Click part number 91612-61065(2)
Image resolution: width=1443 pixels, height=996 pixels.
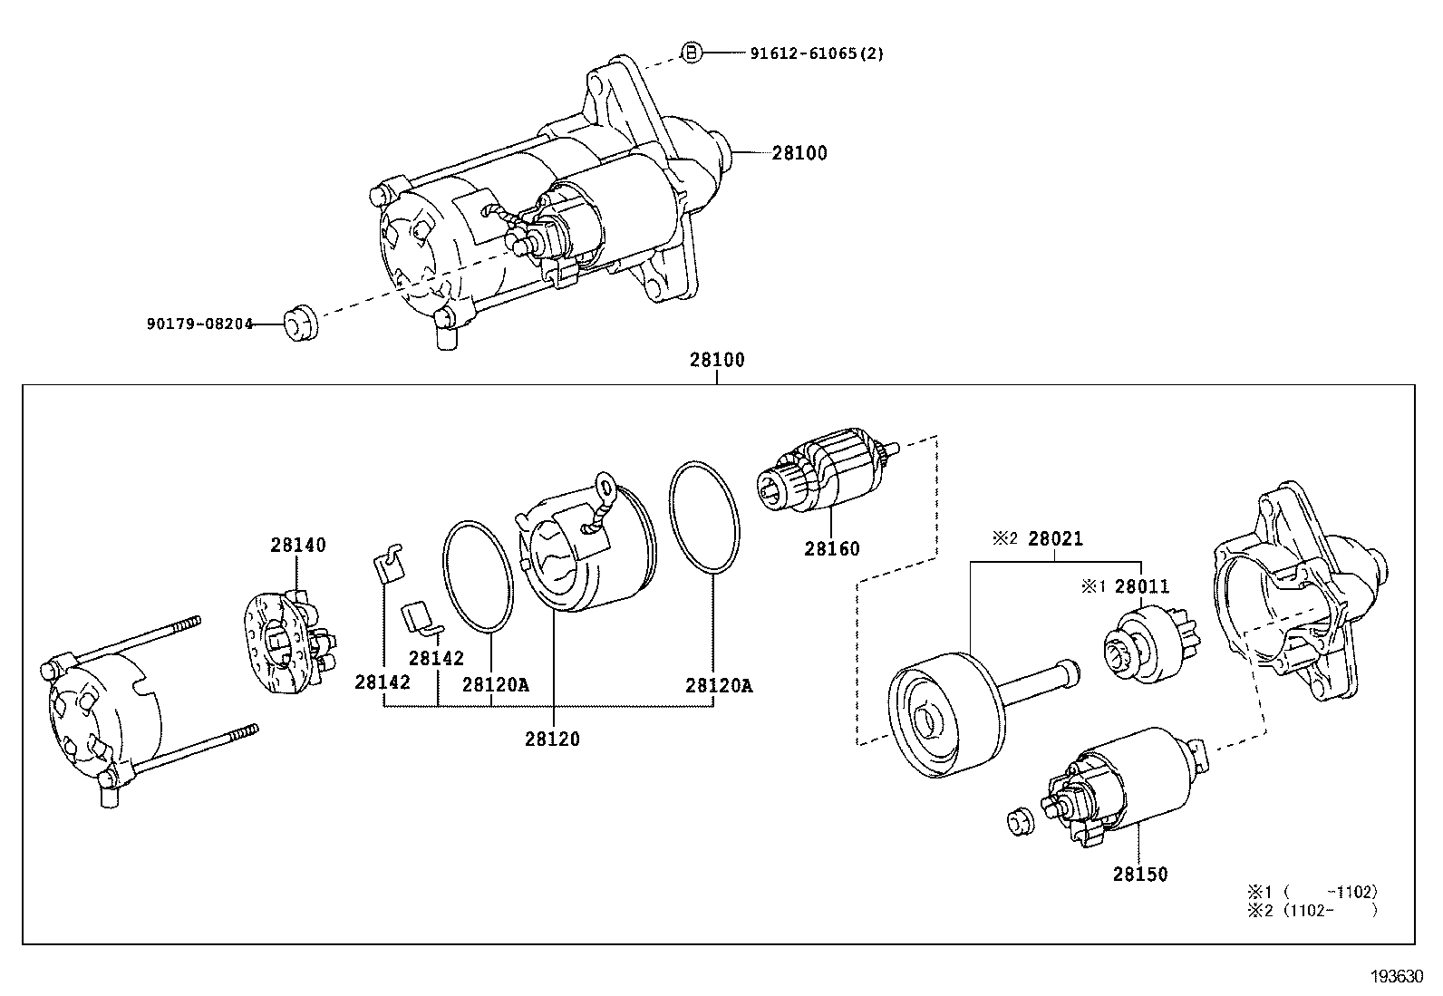816,53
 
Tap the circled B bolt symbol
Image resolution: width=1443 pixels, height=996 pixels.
692,53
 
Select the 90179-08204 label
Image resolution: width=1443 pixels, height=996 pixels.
199,324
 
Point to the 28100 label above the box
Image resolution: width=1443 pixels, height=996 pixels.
717,360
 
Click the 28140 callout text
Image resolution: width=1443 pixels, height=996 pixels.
297,545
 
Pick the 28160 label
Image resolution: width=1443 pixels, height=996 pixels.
832,549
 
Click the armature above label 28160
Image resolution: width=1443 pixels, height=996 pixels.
828,469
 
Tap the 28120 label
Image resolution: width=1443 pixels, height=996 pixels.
552,739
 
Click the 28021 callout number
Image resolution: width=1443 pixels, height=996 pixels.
1055,538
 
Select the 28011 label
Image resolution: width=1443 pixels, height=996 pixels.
1141,586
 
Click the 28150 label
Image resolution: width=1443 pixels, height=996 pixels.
1140,875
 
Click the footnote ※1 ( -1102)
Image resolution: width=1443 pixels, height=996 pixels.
1312,893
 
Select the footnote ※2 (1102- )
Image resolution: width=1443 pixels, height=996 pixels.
1312,911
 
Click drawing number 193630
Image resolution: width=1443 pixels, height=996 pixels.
1397,977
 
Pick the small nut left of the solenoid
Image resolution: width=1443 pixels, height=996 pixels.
1021,821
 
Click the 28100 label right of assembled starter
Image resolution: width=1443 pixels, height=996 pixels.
799,153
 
